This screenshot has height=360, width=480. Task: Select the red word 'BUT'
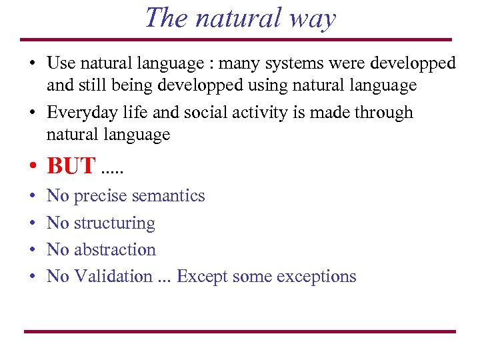point(71,165)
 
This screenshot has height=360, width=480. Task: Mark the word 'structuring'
point(114,223)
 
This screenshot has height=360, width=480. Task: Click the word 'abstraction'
point(115,250)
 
